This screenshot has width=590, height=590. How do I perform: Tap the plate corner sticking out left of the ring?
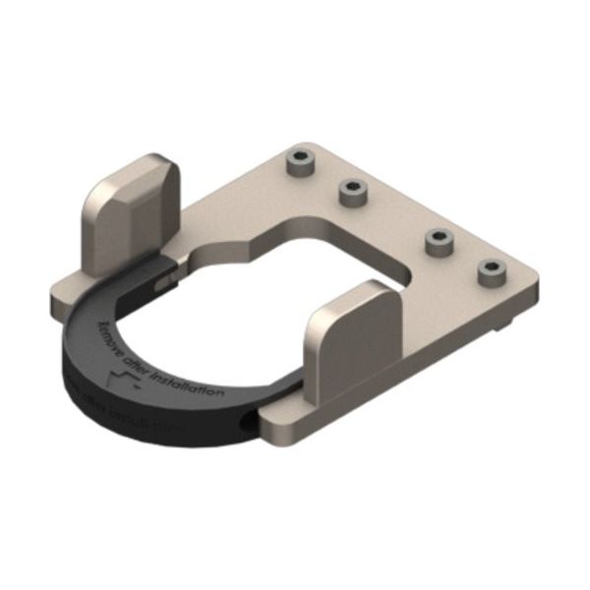[59, 288]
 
